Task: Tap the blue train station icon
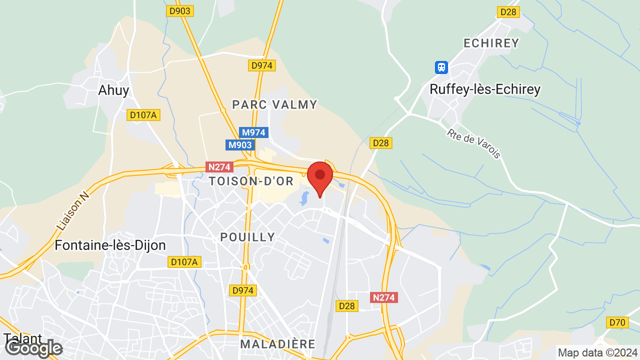click(441, 67)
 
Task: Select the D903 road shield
click(179, 11)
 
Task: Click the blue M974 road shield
click(254, 132)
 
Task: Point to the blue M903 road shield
click(240, 145)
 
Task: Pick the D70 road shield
click(617, 322)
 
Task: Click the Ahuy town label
click(113, 90)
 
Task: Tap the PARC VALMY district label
click(274, 104)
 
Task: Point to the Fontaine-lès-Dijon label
click(110, 245)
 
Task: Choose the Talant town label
click(22, 338)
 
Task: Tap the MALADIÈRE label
click(278, 344)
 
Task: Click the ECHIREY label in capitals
click(491, 43)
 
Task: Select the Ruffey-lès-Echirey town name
click(485, 89)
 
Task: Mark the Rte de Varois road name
click(473, 143)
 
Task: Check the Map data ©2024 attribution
click(597, 352)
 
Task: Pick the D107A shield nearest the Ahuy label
click(143, 115)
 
